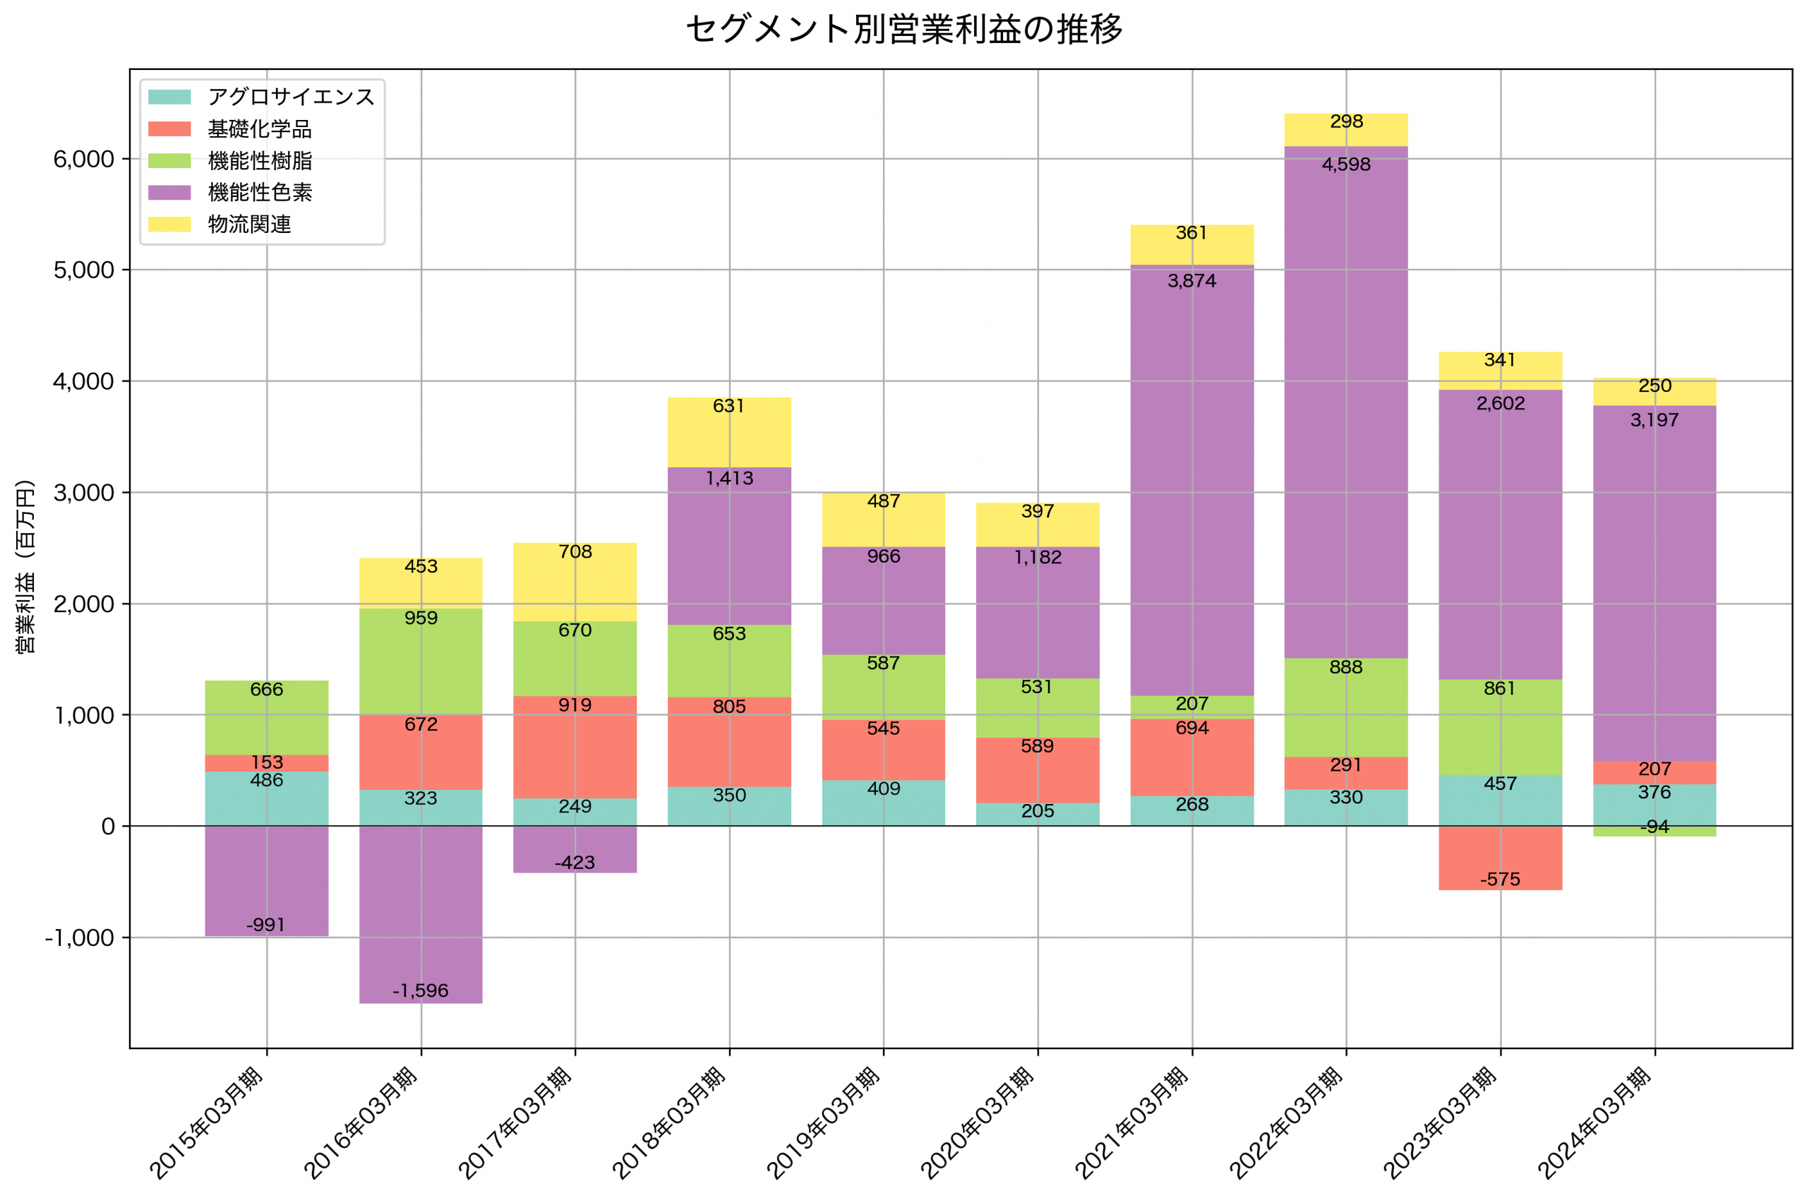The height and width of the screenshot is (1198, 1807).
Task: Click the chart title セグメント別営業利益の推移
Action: click(x=903, y=29)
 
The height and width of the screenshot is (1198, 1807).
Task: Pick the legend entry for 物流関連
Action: click(x=249, y=224)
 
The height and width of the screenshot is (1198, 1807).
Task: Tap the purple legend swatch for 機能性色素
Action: click(x=169, y=193)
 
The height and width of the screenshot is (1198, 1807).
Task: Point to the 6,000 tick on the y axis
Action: click(x=83, y=159)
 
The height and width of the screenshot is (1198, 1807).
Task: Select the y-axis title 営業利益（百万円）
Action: click(x=25, y=566)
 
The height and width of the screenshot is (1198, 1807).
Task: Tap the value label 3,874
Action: click(x=1191, y=281)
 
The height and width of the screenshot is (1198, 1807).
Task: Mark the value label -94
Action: click(x=1655, y=827)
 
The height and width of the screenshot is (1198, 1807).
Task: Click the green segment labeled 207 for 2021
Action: click(x=1191, y=707)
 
